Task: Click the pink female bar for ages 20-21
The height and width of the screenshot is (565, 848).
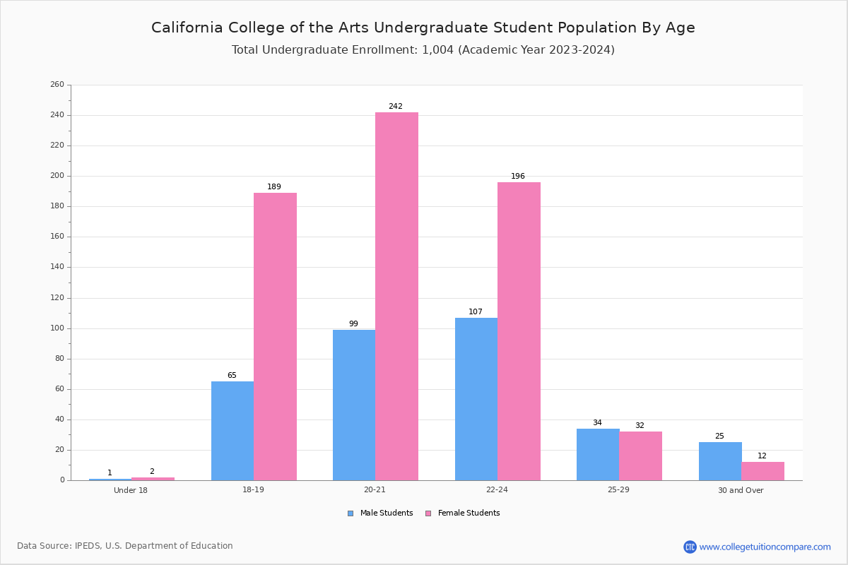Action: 396,297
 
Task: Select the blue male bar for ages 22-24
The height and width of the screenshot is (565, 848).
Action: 476,399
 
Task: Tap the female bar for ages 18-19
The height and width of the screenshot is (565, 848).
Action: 275,337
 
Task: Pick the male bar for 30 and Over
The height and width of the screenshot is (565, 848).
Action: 720,461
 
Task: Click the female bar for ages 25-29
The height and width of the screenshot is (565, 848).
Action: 640,456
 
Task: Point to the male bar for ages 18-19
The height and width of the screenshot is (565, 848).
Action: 232,431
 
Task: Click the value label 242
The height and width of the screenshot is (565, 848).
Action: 396,107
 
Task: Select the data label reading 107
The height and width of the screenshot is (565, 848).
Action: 476,312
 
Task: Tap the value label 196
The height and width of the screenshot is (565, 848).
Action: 518,177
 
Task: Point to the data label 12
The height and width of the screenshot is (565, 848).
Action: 762,456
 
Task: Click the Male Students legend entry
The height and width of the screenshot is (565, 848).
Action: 380,513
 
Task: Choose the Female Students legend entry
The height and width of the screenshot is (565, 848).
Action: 463,513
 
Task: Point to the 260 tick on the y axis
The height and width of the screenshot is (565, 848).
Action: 57,84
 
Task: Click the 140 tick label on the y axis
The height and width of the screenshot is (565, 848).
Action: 57,267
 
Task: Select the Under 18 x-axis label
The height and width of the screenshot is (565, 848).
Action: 131,490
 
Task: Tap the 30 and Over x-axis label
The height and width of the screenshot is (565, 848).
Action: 741,490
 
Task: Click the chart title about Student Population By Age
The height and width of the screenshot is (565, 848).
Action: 423,28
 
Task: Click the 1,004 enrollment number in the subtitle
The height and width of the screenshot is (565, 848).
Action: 437,50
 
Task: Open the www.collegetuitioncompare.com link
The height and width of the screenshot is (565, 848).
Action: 765,547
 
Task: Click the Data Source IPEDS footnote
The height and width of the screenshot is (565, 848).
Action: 125,546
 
